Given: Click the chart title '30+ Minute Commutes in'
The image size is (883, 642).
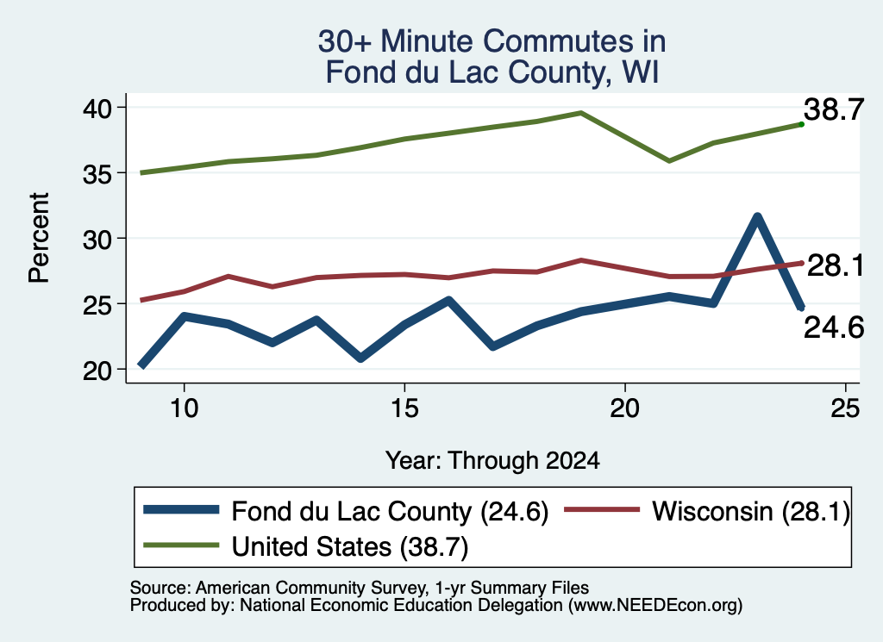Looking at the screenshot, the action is [x=492, y=41].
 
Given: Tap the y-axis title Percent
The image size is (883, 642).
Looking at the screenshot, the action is [x=39, y=238].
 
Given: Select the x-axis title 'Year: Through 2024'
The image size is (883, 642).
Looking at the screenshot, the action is [x=492, y=460].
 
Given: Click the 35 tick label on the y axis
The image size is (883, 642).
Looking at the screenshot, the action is [x=97, y=173].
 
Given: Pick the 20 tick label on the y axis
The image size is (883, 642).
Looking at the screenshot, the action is [x=97, y=371].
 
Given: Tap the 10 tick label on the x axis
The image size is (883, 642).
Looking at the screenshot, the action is [x=185, y=408].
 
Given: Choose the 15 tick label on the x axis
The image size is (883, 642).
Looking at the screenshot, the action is [x=404, y=408].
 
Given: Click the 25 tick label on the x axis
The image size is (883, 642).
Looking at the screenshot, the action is [x=845, y=408].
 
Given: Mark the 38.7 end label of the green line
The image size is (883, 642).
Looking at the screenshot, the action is [x=834, y=109].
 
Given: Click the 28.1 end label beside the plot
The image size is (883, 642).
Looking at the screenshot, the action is [x=836, y=265].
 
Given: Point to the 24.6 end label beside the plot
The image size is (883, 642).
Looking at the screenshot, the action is [x=834, y=327].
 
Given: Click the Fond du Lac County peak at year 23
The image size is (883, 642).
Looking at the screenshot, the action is [x=757, y=216].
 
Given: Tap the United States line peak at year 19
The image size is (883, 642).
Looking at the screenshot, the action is [x=580, y=113].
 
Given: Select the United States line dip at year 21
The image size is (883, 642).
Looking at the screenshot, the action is [x=669, y=161].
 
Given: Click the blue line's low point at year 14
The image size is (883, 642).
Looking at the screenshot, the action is [x=360, y=358].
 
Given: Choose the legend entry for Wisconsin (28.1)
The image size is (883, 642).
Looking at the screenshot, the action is [x=707, y=511].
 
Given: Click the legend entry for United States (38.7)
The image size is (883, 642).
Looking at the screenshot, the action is [x=306, y=546].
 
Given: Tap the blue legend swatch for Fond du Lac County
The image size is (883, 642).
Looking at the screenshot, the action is [x=181, y=510].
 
